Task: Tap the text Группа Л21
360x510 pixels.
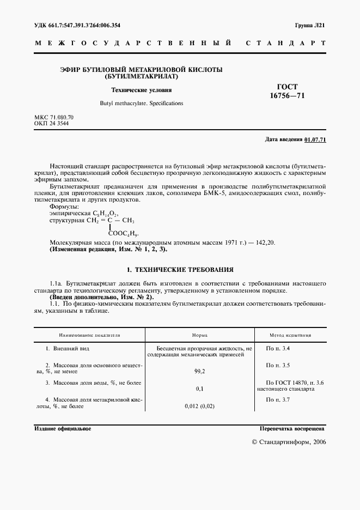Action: tap(310, 26)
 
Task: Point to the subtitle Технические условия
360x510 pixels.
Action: tap(141, 90)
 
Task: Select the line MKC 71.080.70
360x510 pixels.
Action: tap(53, 117)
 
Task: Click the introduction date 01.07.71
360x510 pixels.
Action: tap(315, 140)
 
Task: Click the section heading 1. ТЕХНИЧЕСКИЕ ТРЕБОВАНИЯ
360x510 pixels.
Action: tap(180, 269)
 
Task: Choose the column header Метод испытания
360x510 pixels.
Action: tap(291, 335)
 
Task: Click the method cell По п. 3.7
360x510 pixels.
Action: tap(278, 400)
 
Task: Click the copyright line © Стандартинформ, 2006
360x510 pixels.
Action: tap(289, 442)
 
